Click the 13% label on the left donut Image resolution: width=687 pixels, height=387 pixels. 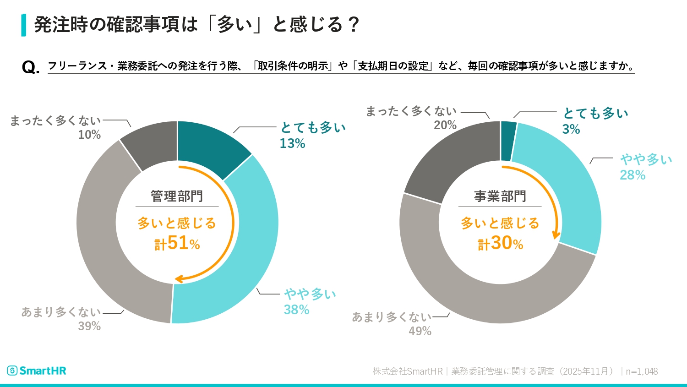(x=292, y=143)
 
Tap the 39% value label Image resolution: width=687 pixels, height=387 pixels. (x=89, y=326)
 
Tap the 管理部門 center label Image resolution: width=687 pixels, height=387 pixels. (x=177, y=196)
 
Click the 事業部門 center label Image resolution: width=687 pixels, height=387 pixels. (x=500, y=196)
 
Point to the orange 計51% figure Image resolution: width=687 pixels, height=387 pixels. (x=177, y=243)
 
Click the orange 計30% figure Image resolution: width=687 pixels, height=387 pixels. (x=501, y=243)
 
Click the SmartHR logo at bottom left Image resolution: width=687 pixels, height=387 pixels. (x=37, y=371)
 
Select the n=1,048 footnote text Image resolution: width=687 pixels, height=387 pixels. (x=642, y=371)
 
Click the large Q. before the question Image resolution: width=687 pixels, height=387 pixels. (x=30, y=68)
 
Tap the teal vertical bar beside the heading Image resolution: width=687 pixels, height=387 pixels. (x=23, y=25)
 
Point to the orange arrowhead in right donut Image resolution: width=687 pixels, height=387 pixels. (x=556, y=235)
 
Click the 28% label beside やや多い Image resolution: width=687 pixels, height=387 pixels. (x=632, y=175)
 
